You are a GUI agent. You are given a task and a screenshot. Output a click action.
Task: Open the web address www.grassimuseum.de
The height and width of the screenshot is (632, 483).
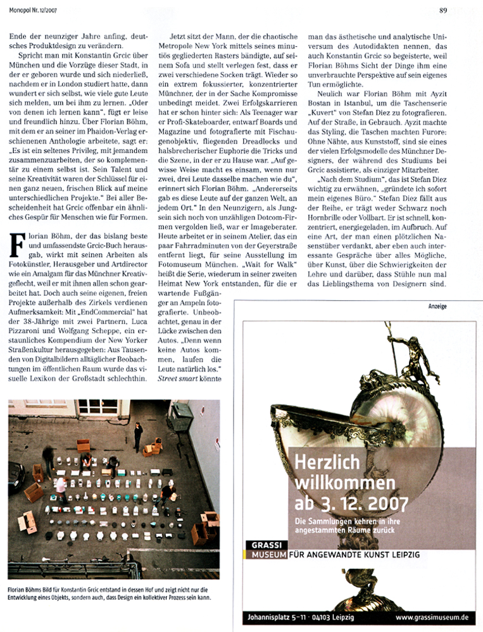[x=432, y=616]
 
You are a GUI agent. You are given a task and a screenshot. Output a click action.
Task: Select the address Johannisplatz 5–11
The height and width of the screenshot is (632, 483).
[x=283, y=616]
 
